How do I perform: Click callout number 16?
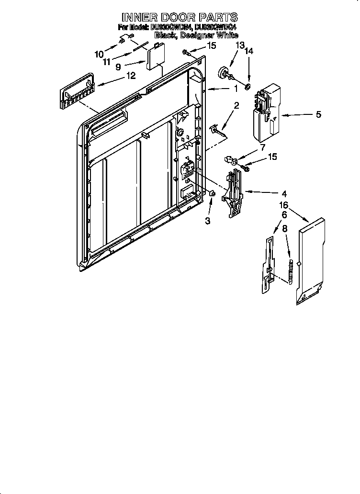pos(283,205)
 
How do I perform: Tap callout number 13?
pos(239,45)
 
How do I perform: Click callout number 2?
pos(236,105)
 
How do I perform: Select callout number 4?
pos(284,193)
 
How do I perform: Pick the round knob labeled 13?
pos(223,72)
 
